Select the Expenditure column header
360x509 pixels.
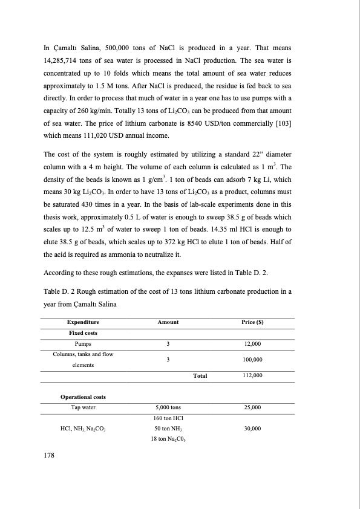pyautogui.click(x=83, y=323)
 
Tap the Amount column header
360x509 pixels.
pyautogui.click(x=168, y=323)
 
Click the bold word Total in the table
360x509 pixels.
pyautogui.click(x=200, y=376)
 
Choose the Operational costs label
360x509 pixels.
pyautogui.click(x=83, y=397)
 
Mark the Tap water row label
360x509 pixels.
pyautogui.click(x=83, y=407)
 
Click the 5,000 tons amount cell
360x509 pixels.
pyautogui.click(x=168, y=407)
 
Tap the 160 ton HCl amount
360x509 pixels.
pyautogui.click(x=168, y=418)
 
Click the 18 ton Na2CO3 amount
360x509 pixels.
pyautogui.click(x=168, y=439)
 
